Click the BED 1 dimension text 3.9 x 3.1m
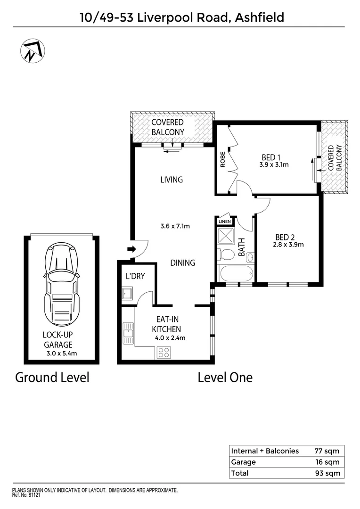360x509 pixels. (274, 165)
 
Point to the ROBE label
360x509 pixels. (222, 159)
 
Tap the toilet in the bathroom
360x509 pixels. (227, 255)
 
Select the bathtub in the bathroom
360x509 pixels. (236, 273)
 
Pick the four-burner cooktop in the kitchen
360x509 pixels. (164, 352)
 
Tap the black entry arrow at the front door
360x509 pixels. (131, 250)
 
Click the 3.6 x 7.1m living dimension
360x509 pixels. (175, 226)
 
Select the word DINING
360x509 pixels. (183, 263)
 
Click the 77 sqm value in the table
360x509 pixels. (327, 451)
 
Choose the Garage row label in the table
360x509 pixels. (244, 462)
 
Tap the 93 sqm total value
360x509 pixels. (327, 474)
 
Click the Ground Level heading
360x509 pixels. (52, 378)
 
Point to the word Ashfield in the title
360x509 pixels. (261, 18)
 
